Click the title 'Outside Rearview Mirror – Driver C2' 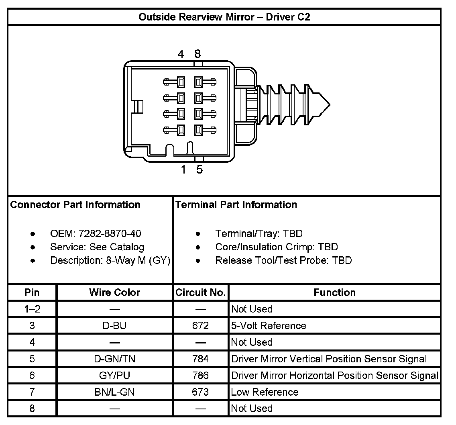click(224, 17)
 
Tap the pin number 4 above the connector click(181, 54)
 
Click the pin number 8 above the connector click(197, 54)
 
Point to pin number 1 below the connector click(183, 170)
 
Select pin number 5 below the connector click(199, 170)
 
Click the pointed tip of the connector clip click(329, 105)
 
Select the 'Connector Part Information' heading click(75, 205)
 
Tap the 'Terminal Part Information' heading click(236, 205)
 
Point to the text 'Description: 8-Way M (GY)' click(110, 261)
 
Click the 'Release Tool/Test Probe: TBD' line click(283, 261)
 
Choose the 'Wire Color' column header click(114, 293)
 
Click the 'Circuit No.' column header click(200, 293)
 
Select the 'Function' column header click(334, 293)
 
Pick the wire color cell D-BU click(114, 326)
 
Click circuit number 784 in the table click(200, 359)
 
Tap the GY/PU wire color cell click(114, 376)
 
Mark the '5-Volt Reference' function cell click(269, 326)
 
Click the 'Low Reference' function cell click(265, 392)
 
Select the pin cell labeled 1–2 click(32, 309)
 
